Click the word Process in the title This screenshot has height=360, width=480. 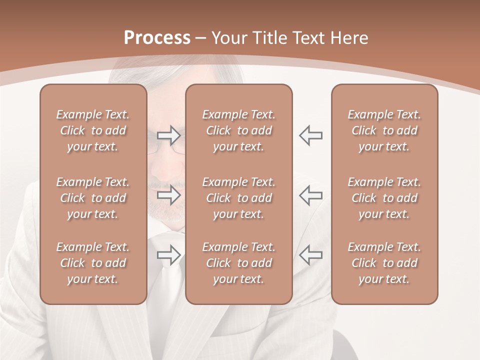[x=157, y=38]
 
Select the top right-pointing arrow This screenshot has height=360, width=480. [x=168, y=135]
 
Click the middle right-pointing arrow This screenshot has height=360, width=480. [x=168, y=195]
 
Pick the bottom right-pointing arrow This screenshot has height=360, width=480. [x=168, y=255]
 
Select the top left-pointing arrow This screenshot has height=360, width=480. [x=310, y=135]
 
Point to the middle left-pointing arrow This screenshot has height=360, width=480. [x=310, y=195]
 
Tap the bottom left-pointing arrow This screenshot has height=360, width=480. [x=310, y=255]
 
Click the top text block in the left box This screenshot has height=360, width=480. [x=93, y=130]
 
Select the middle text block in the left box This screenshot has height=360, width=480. [x=93, y=198]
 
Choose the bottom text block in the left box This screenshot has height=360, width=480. [x=93, y=263]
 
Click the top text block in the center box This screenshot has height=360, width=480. [x=239, y=130]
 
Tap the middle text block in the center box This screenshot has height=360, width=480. [x=239, y=198]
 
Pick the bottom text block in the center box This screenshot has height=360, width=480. [x=239, y=263]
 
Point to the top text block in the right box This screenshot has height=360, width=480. [x=384, y=130]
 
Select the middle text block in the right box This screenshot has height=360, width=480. [x=384, y=198]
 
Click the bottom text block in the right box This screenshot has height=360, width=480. [x=384, y=263]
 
